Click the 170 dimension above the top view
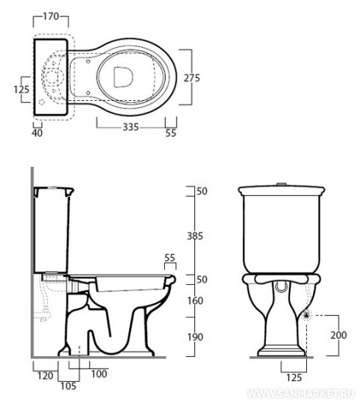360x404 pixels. pyautogui.click(x=51, y=16)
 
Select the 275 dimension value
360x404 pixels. pyautogui.click(x=191, y=78)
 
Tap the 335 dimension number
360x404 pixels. pyautogui.click(x=130, y=127)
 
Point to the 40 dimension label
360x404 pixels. pyautogui.click(x=37, y=133)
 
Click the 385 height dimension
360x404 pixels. pyautogui.click(x=195, y=236)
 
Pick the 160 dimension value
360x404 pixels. pyautogui.click(x=195, y=301)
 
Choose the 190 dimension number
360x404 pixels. pyautogui.click(x=195, y=337)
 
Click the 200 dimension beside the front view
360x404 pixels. pyautogui.click(x=339, y=335)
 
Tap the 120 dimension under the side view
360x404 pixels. pyautogui.click(x=46, y=376)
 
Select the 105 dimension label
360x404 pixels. pyautogui.click(x=68, y=386)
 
